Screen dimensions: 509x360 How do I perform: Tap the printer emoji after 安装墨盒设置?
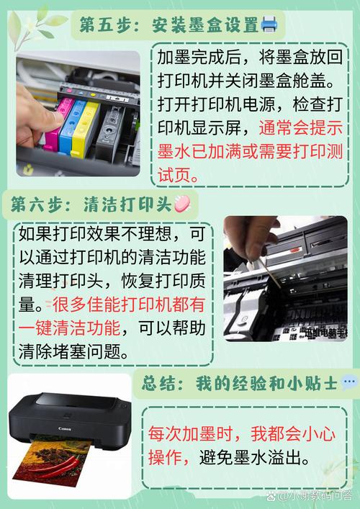coord(269,25)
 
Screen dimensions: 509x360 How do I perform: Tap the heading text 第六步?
coord(36,204)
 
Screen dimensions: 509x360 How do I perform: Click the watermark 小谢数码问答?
coord(317,496)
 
